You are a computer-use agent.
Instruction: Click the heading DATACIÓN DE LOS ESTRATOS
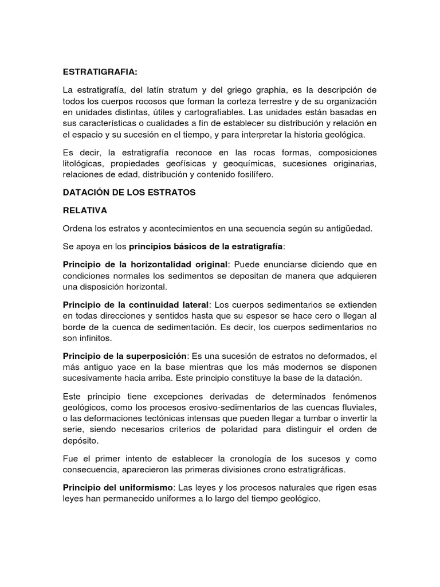pyautogui.click(x=129, y=193)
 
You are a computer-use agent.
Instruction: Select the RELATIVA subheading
pyautogui.click(x=85, y=210)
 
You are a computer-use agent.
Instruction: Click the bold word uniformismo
pyautogui.click(x=143, y=487)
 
